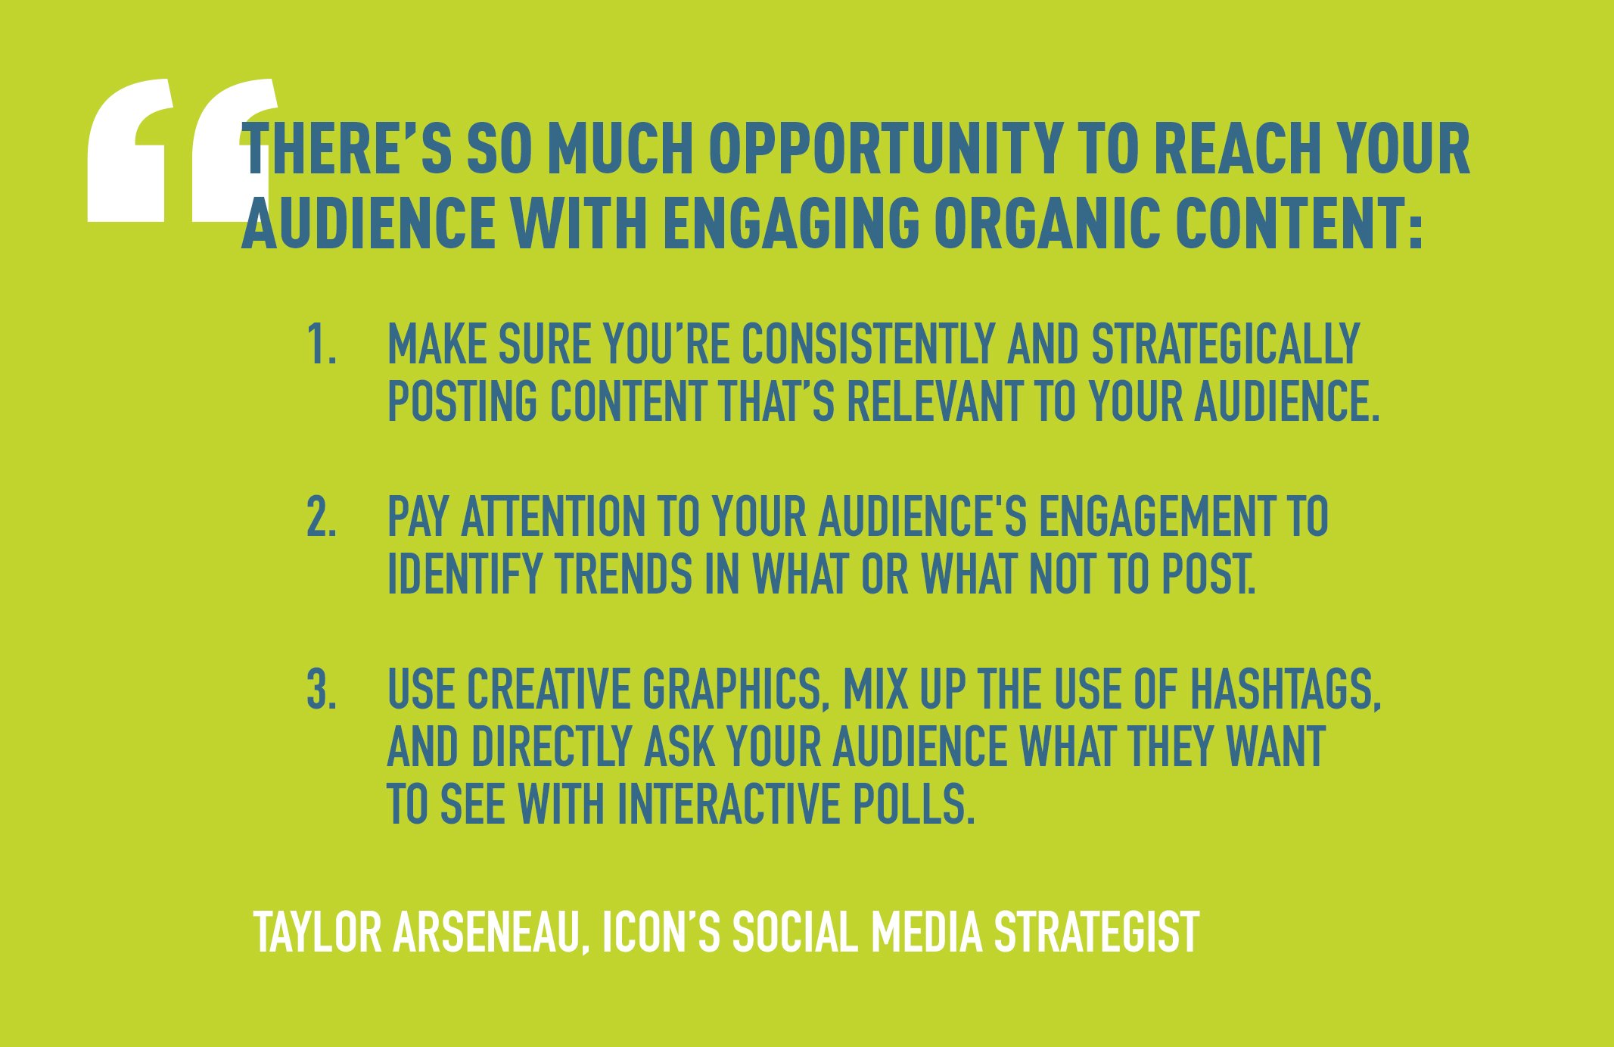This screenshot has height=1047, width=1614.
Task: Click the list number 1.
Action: point(321,345)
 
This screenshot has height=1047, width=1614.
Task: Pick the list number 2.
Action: point(321,518)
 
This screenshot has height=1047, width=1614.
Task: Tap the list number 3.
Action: point(321,690)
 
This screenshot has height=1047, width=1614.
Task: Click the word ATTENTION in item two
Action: point(552,518)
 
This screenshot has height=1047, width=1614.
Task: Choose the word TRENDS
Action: point(624,574)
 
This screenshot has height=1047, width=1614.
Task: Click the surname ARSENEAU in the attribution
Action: point(491,933)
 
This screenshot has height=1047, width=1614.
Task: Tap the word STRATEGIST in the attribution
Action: point(1096,933)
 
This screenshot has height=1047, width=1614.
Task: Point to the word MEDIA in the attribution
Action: point(926,933)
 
